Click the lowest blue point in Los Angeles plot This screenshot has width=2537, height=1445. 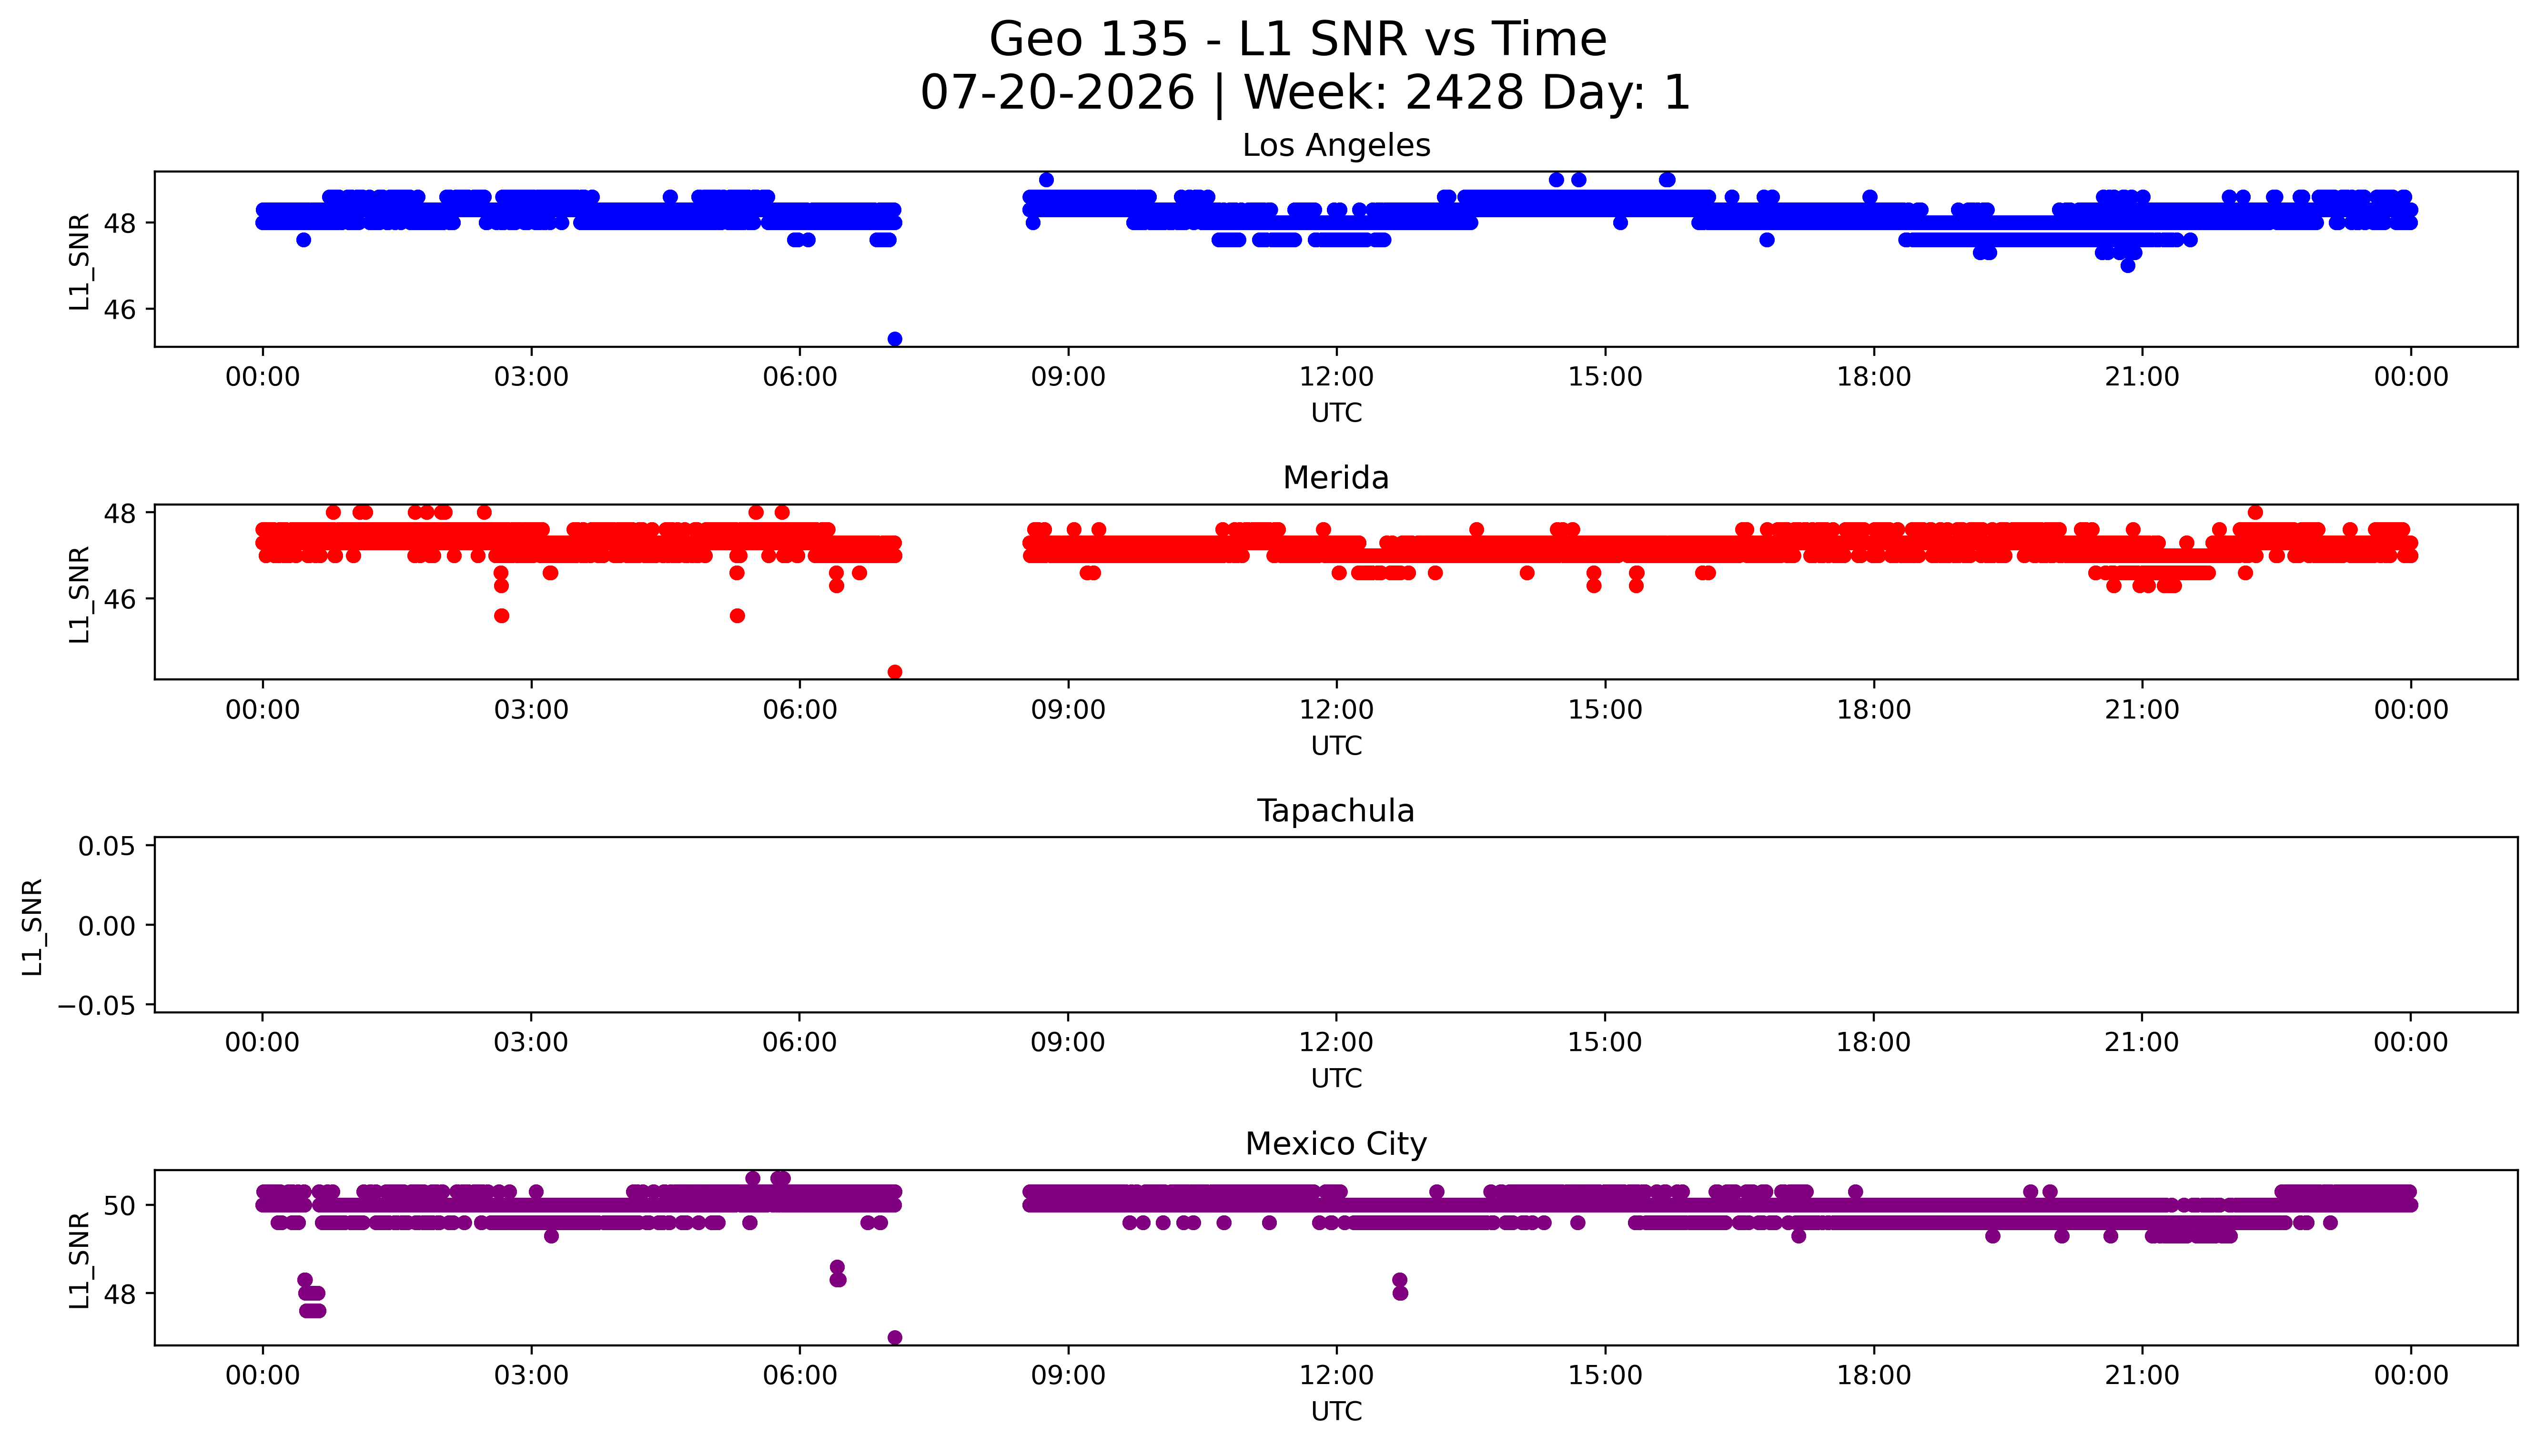tap(894, 338)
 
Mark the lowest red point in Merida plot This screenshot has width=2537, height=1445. tap(894, 672)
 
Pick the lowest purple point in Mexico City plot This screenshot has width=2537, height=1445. tap(894, 1337)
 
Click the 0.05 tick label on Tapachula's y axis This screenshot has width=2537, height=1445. tap(107, 847)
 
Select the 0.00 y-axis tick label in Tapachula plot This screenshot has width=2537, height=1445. tap(107, 926)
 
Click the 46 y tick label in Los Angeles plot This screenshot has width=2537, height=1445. tap(120, 310)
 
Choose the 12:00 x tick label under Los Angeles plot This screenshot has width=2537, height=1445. tap(1336, 377)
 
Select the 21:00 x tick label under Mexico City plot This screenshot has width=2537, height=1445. tap(2142, 1375)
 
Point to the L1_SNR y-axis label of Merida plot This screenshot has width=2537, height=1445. tap(80, 594)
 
